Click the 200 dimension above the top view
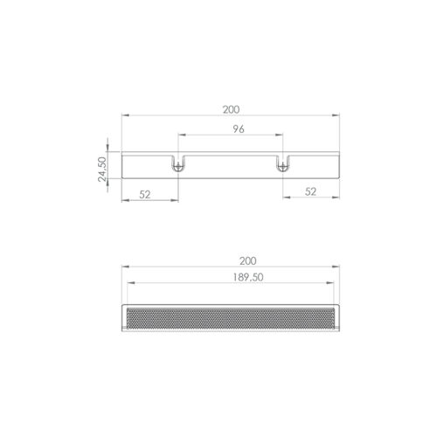(x=231, y=109)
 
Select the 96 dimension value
(x=239, y=129)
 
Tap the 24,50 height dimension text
(x=102, y=170)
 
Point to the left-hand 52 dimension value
(x=145, y=194)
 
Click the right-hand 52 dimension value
(x=310, y=191)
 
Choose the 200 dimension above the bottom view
(x=247, y=261)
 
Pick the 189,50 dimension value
(x=248, y=277)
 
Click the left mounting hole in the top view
(x=177, y=167)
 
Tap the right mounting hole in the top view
(x=281, y=167)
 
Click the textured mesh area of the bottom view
(x=231, y=318)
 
